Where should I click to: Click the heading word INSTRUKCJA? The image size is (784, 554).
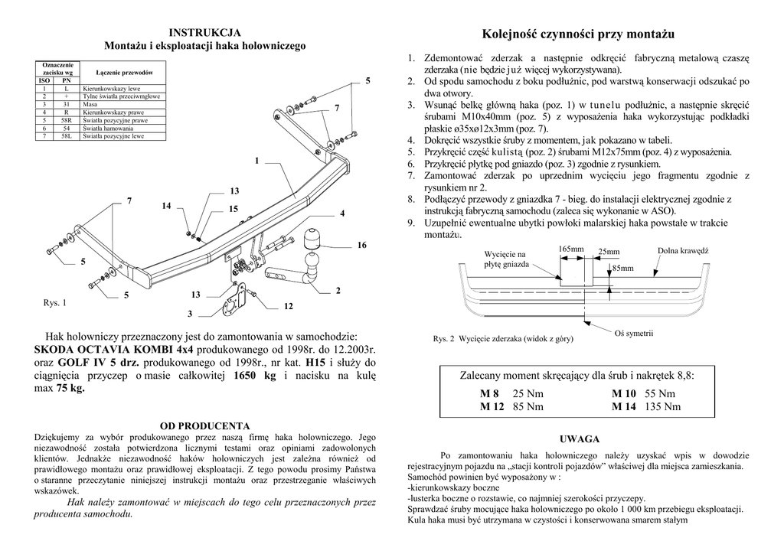204,32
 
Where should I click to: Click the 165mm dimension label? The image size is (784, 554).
571,249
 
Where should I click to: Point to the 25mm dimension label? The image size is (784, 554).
609,252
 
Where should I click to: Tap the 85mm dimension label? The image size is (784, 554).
623,269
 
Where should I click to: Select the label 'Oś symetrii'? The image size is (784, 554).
634,334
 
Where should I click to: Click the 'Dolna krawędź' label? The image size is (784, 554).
683,250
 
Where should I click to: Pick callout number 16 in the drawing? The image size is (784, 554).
362,245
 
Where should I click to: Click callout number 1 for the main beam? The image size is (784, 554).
257,161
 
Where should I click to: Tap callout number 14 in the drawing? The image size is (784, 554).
167,207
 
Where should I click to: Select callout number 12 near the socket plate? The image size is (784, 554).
288,306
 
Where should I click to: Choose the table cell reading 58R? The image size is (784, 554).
67,121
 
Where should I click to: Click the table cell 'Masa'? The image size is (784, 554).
90,105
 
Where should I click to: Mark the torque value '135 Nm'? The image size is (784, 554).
663,407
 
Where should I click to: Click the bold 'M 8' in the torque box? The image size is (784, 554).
489,393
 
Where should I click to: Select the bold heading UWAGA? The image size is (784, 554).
580,439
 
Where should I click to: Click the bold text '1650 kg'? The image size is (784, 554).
253,376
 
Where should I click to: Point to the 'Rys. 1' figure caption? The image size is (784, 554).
54,303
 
